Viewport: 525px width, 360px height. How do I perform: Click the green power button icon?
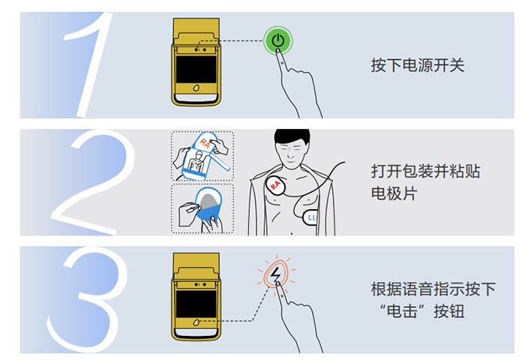pyautogui.click(x=277, y=41)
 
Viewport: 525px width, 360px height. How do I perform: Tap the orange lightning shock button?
pyautogui.click(x=276, y=276)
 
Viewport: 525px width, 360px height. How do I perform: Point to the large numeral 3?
pyautogui.click(x=84, y=300)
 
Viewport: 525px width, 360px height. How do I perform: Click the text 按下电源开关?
pyautogui.click(x=418, y=65)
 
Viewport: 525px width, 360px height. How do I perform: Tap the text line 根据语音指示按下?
pyautogui.click(x=433, y=289)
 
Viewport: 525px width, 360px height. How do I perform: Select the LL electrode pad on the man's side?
pyautogui.click(x=313, y=218)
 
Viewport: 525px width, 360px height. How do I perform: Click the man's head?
pyautogui.click(x=291, y=146)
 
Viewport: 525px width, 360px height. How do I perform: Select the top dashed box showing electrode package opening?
pyautogui.click(x=202, y=156)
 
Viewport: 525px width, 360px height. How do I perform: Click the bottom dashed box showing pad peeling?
pyautogui.click(x=202, y=208)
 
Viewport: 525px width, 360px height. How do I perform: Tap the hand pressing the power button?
pyautogui.click(x=300, y=82)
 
